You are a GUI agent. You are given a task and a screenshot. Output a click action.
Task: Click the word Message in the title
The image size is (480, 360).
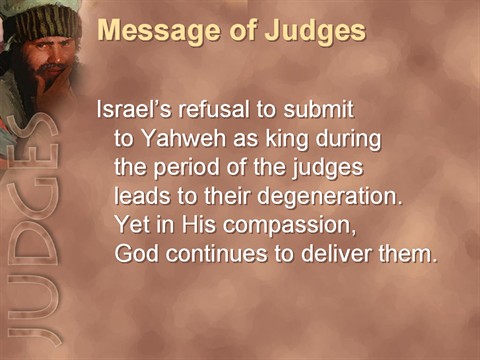[157, 31]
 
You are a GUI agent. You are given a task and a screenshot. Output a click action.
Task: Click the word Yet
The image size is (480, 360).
[132, 224]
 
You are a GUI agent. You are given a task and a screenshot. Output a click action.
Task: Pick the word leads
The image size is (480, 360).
[142, 195]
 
